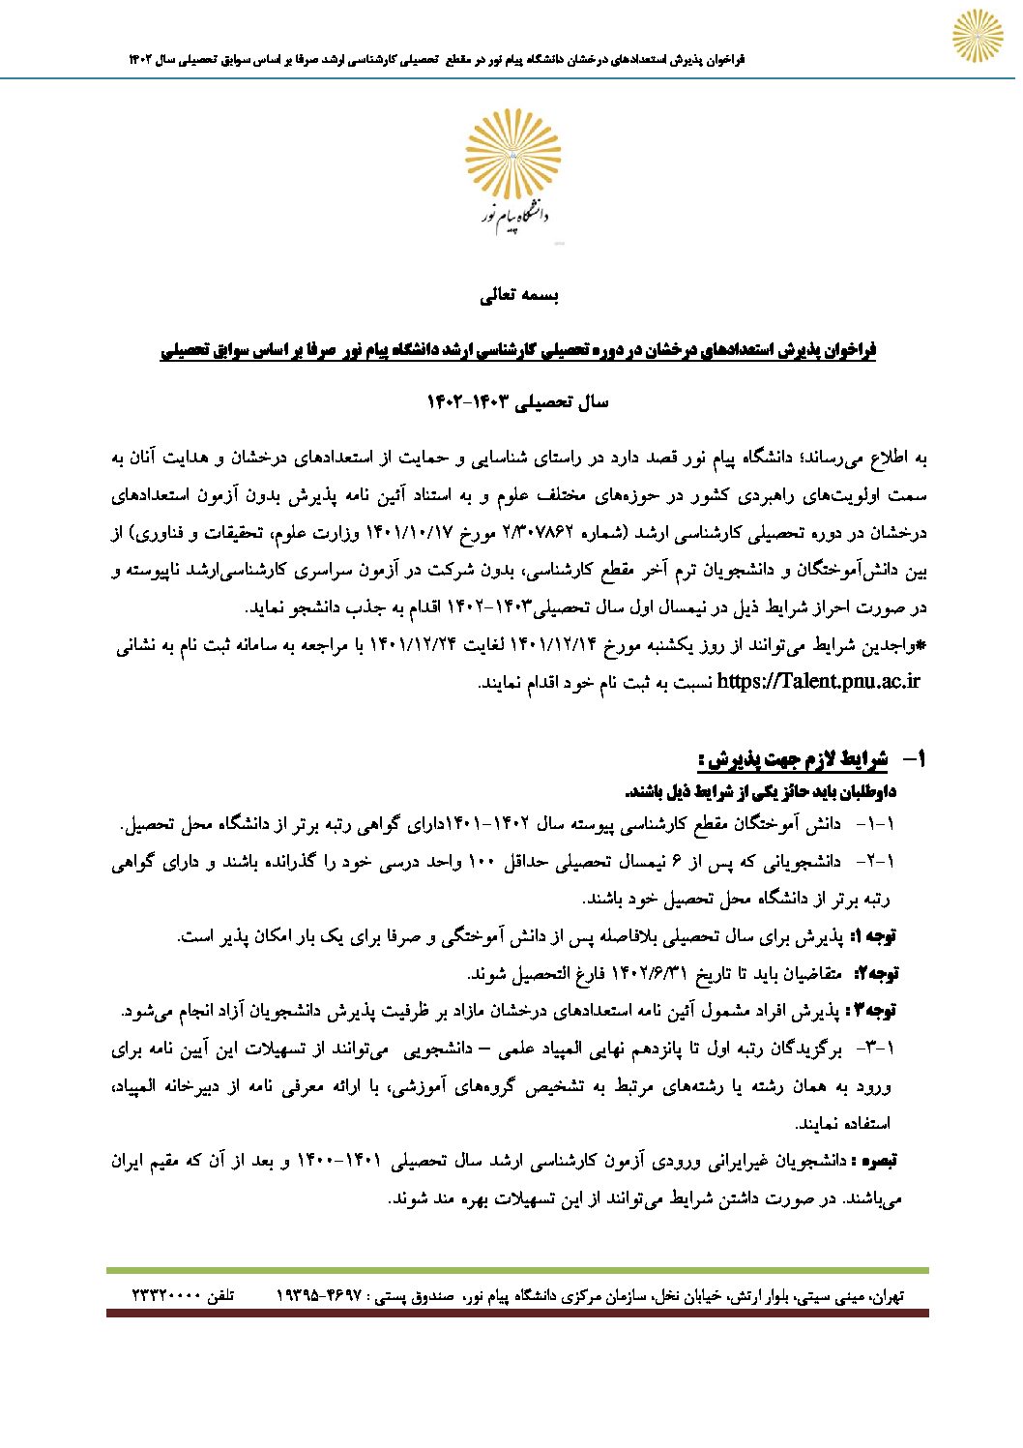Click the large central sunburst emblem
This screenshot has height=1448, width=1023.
pyautogui.click(x=512, y=155)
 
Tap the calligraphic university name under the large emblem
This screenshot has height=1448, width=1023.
pyautogui.click(x=514, y=222)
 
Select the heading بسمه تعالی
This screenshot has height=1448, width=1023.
pyautogui.click(x=519, y=296)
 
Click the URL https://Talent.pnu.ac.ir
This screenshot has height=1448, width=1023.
pyautogui.click(x=818, y=681)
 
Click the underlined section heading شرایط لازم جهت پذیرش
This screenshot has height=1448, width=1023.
pyautogui.click(x=793, y=759)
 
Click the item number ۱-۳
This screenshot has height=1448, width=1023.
pyautogui.click(x=877, y=1048)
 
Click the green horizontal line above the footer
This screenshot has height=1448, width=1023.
pyautogui.click(x=517, y=1270)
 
